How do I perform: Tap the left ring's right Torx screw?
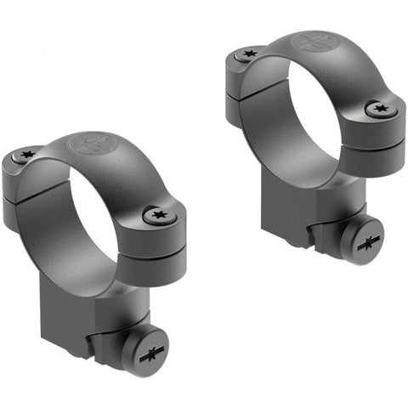[x=159, y=216]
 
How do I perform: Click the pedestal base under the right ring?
[x=297, y=212]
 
